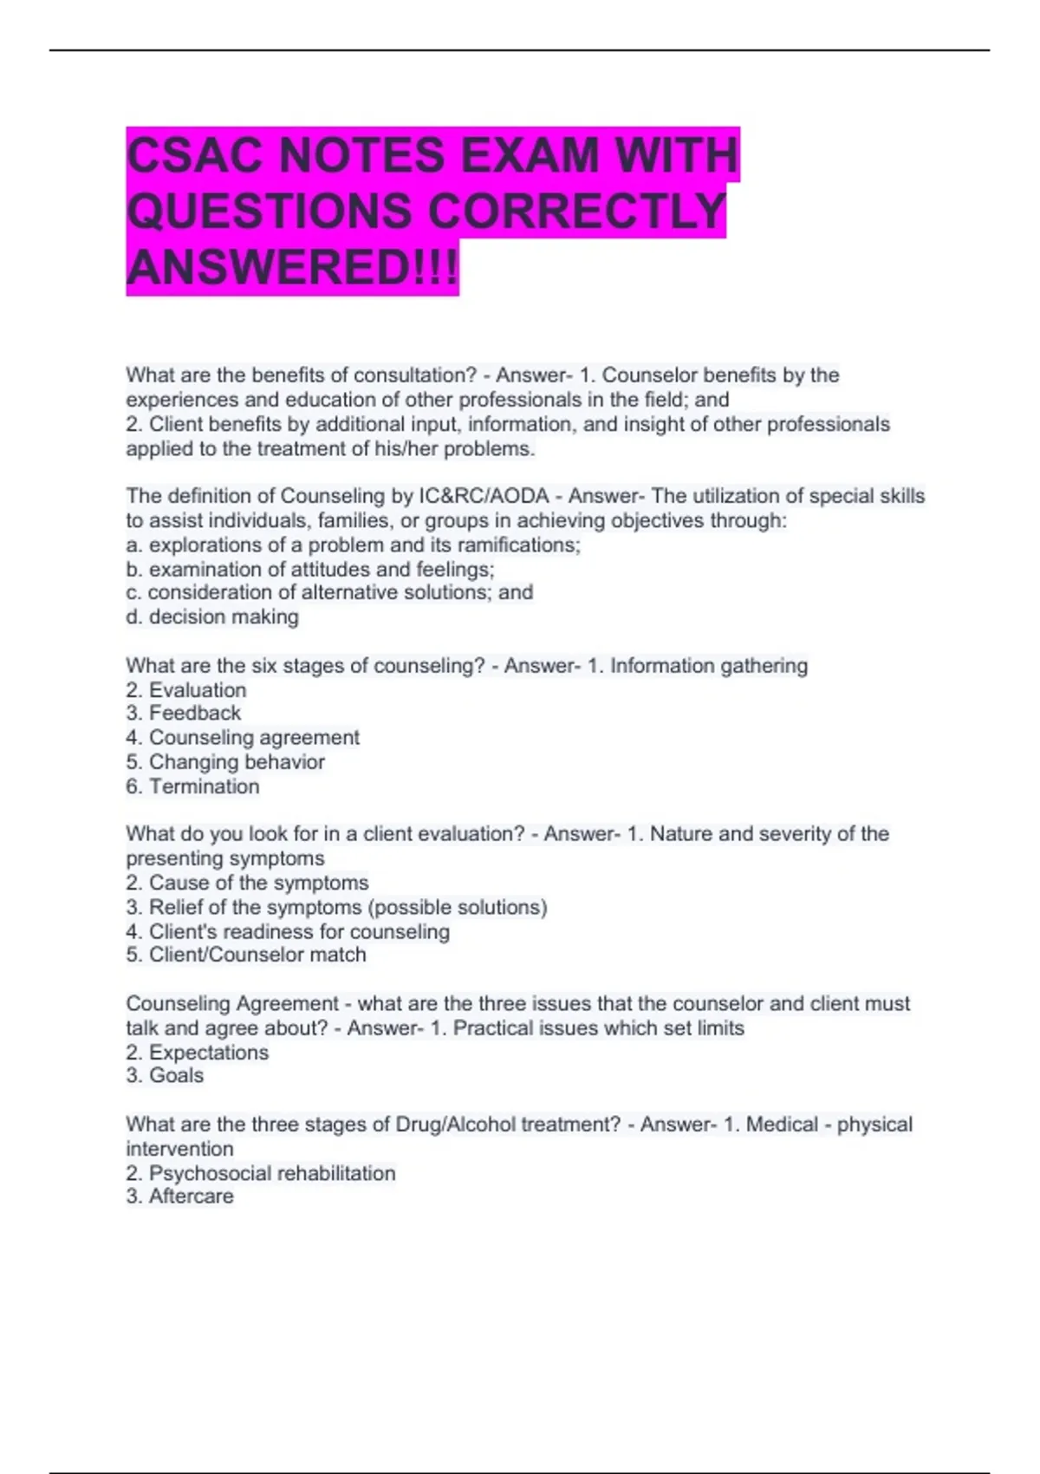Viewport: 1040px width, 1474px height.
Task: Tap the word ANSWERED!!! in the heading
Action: pos(292,267)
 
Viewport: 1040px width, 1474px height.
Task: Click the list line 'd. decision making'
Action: pos(212,616)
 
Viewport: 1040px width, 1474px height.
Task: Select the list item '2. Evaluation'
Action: pos(186,690)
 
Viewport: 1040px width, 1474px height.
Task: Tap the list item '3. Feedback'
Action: pos(184,713)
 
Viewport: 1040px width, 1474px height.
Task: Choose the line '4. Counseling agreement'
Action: pos(243,737)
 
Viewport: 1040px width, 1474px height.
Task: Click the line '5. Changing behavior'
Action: pos(225,762)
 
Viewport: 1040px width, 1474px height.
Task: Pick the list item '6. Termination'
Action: pos(192,786)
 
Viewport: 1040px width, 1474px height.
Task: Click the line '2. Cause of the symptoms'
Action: pos(247,883)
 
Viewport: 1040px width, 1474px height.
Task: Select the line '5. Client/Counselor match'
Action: pos(246,955)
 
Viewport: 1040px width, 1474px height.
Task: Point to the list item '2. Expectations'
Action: pos(198,1053)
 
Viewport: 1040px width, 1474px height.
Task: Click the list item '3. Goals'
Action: pos(165,1075)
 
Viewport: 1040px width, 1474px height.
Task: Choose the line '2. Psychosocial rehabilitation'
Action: pos(261,1173)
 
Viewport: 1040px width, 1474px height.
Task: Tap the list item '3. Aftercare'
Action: pos(179,1196)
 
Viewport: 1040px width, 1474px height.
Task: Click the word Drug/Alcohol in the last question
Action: pos(452,1125)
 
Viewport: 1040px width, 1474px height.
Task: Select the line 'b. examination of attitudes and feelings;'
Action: pos(310,570)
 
